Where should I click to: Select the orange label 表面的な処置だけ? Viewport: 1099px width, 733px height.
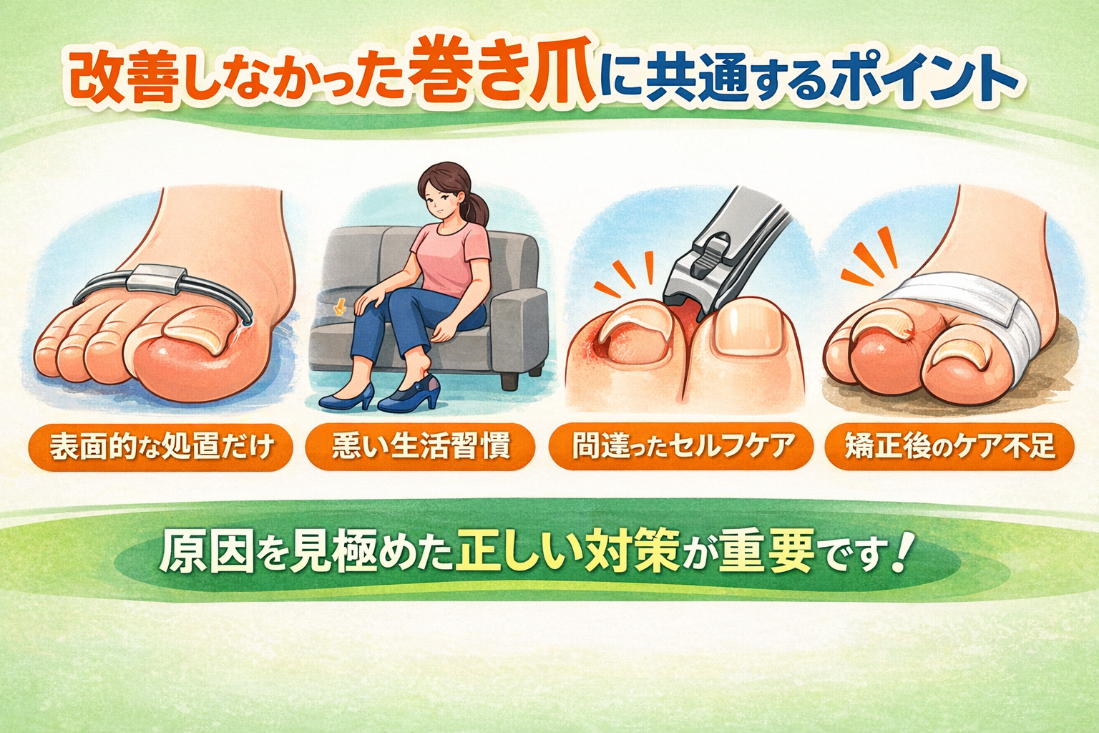point(160,447)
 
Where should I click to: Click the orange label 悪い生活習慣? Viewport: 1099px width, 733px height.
point(421,447)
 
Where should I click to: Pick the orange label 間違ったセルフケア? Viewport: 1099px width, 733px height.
point(681,446)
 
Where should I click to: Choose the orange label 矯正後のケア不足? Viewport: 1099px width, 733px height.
point(949,446)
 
